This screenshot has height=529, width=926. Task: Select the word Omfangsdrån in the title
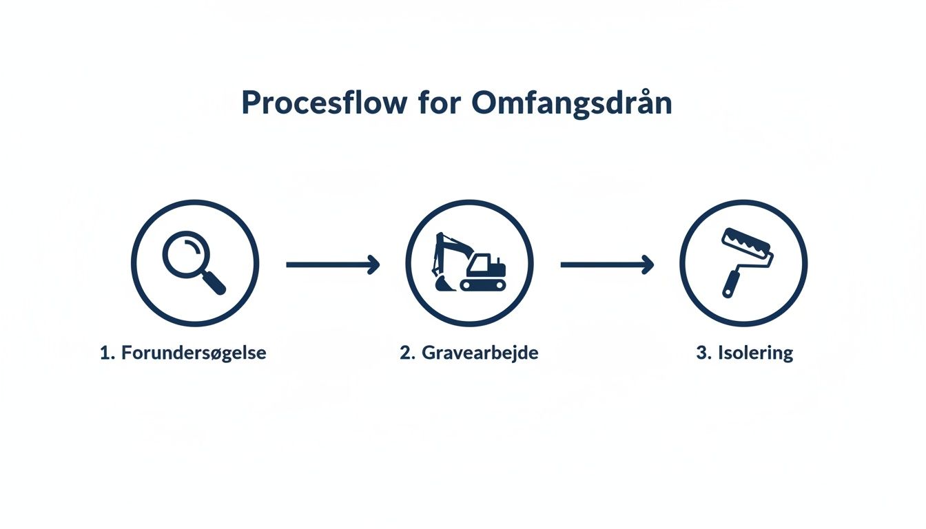pyautogui.click(x=572, y=103)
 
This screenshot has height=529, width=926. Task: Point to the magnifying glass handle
pyautogui.click(x=214, y=283)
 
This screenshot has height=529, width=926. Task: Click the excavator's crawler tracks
pyautogui.click(x=483, y=284)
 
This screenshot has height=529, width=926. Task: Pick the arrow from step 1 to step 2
pyautogui.click(x=333, y=264)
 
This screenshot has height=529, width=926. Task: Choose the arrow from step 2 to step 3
pyautogui.click(x=607, y=264)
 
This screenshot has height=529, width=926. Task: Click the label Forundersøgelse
pyautogui.click(x=194, y=353)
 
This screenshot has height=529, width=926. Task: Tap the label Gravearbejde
pyautogui.click(x=480, y=353)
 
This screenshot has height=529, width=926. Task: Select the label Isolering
pyautogui.click(x=756, y=353)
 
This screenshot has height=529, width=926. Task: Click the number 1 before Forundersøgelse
pyautogui.click(x=105, y=353)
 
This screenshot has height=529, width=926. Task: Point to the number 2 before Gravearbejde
pyautogui.click(x=406, y=353)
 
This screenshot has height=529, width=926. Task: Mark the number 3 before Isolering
pyautogui.click(x=702, y=353)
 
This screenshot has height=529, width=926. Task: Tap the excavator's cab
pyautogui.click(x=480, y=263)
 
